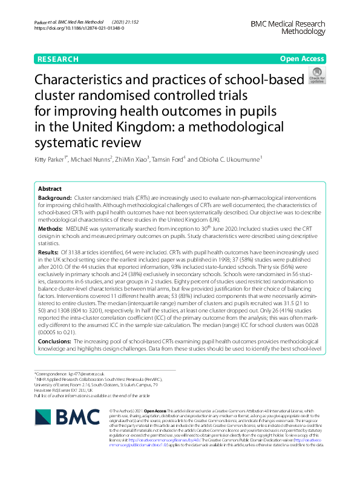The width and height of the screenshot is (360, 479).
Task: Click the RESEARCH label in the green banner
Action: tap(57, 59)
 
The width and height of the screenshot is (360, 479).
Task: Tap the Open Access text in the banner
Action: tap(302, 59)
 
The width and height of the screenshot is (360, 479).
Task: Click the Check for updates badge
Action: tap(316, 76)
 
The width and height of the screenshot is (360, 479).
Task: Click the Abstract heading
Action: tap(50, 188)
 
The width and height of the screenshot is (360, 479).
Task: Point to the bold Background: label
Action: tap(54, 198)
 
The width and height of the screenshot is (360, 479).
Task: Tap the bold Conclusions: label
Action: tap(56, 342)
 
